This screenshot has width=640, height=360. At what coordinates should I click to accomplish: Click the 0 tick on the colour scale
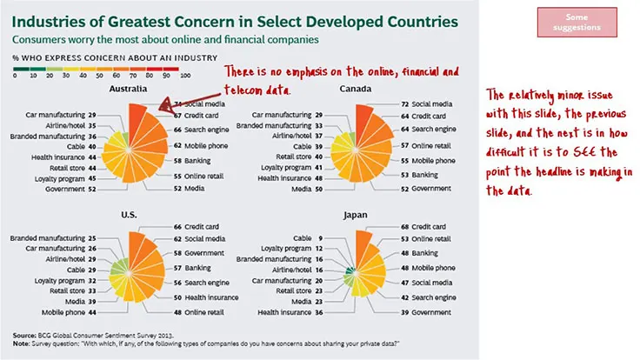point(15,75)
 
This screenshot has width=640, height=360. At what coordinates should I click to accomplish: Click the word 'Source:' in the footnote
point(25,333)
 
